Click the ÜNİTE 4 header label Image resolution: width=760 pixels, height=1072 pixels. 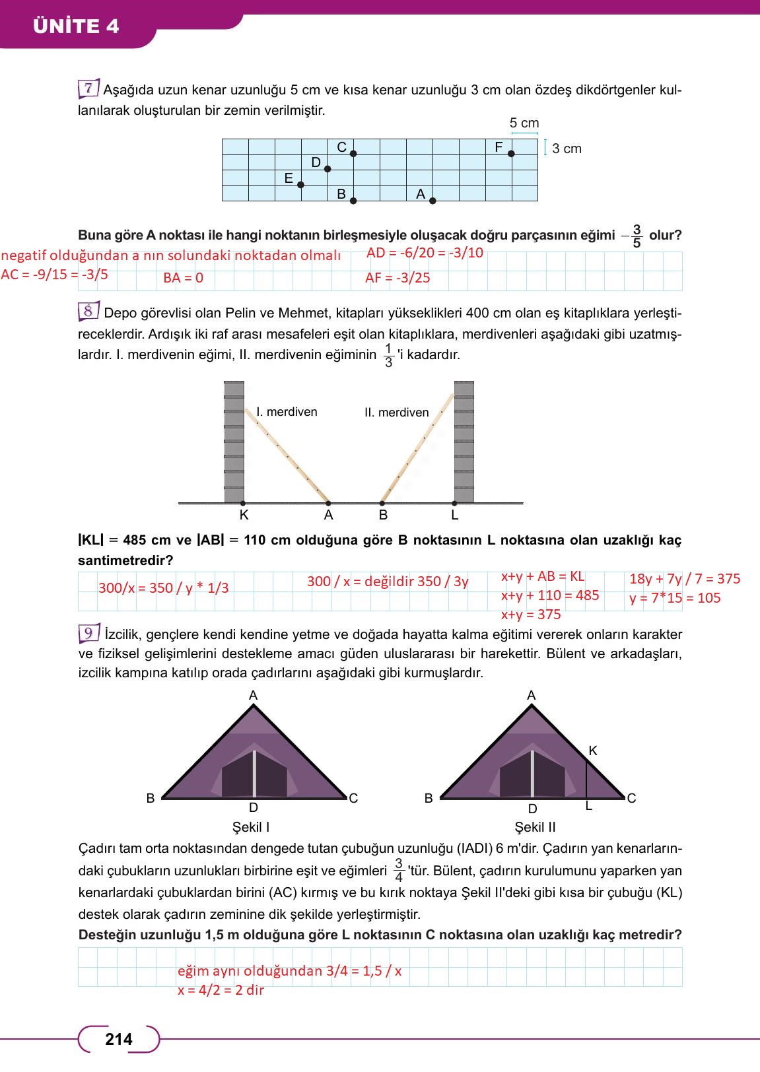click(75, 26)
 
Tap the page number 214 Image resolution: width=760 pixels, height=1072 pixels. click(119, 1040)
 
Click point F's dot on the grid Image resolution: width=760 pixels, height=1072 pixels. click(511, 154)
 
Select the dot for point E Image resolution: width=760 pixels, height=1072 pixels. click(301, 185)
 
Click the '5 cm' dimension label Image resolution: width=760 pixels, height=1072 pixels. click(524, 123)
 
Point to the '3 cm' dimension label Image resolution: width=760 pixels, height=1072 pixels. click(567, 149)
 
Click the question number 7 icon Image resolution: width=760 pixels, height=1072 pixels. click(88, 88)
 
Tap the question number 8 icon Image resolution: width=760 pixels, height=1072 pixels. click(88, 310)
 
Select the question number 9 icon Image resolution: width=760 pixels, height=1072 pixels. click(88, 633)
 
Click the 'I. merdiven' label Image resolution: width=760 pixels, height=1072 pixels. click(287, 412)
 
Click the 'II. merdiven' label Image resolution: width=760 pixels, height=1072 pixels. click(396, 413)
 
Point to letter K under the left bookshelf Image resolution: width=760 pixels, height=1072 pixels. click(244, 515)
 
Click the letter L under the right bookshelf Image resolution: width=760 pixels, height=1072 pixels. click(454, 515)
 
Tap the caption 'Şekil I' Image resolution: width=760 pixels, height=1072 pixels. click(251, 827)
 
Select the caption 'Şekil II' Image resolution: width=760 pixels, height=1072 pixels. click(535, 827)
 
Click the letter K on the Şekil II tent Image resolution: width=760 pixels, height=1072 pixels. click(592, 751)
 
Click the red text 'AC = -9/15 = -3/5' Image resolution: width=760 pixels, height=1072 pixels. click(54, 275)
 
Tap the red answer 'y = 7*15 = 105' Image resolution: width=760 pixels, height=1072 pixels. click(675, 598)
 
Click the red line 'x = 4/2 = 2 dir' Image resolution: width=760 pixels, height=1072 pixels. click(221, 990)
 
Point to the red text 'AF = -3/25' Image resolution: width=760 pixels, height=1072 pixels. click(397, 278)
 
